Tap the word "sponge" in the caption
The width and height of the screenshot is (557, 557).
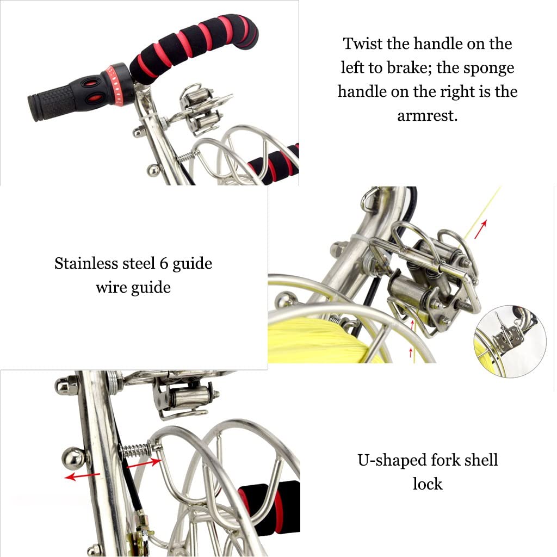click(487, 67)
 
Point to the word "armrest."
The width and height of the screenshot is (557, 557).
click(427, 116)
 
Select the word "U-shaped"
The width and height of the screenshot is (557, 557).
click(387, 460)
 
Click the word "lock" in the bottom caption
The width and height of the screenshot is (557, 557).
click(427, 484)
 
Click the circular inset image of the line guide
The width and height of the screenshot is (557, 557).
click(510, 340)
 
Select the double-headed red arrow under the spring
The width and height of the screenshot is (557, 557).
click(144, 463)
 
